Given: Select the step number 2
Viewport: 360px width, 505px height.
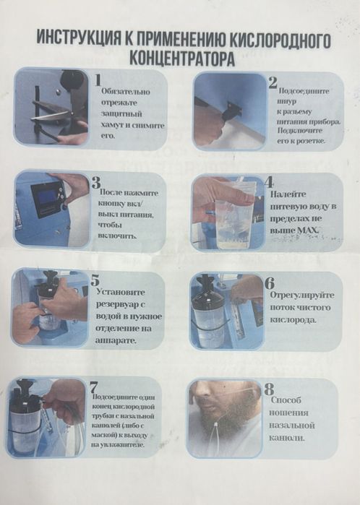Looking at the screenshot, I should pos(273,82).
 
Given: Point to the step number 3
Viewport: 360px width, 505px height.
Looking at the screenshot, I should pos(96,183).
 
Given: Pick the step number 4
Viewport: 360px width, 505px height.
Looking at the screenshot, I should pos(269,182).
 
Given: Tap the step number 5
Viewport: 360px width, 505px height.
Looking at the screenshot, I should pos(95,280).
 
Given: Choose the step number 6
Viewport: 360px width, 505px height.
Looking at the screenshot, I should pos(269,282).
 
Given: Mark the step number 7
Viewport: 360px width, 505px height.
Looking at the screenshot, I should pos(95,385).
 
